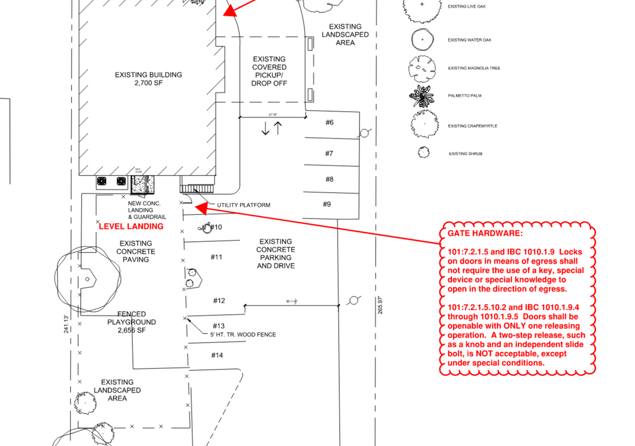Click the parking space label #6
tap(329, 123)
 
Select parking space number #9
tap(327, 204)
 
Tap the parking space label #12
tap(218, 301)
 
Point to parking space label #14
tap(217, 355)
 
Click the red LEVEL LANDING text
tap(131, 226)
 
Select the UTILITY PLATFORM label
tap(243, 205)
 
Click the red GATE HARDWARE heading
tap(484, 233)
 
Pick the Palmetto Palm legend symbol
tap(422, 96)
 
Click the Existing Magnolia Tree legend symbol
tap(422, 68)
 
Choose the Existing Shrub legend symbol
tap(423, 152)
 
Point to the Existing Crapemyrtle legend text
tap(472, 126)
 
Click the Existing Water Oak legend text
tap(469, 40)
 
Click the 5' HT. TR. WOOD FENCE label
tap(243, 335)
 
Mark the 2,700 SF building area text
tap(148, 83)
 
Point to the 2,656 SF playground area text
tap(131, 330)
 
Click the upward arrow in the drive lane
tap(278, 128)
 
